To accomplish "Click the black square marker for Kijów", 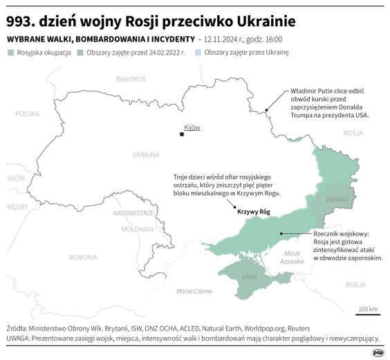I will tap(182, 134).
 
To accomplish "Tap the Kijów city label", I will tap(192, 128).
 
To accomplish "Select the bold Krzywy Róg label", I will tap(254, 212).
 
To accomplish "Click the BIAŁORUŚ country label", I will tap(130, 80).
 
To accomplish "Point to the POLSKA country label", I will tap(28, 114).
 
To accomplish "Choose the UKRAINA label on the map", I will tap(145, 154).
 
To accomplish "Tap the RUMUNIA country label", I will tap(83, 257).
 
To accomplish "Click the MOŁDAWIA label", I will tap(137, 228).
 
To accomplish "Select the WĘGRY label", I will tap(17, 206).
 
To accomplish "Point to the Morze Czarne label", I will tap(194, 291).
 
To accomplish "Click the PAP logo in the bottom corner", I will tap(378, 352).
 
